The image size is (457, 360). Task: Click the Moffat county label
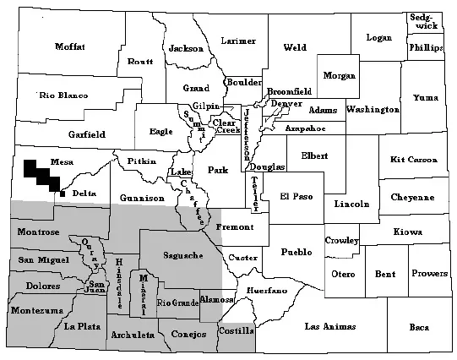[71, 46]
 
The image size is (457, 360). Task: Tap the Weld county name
[295, 47]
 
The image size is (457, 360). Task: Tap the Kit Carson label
[414, 160]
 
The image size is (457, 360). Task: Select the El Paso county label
[297, 196]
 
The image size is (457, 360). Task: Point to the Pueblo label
[297, 252]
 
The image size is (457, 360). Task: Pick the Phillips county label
[426, 48]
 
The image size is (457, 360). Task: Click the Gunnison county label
[142, 198]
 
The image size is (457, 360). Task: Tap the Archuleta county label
[133, 335]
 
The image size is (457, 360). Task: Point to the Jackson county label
[188, 48]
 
